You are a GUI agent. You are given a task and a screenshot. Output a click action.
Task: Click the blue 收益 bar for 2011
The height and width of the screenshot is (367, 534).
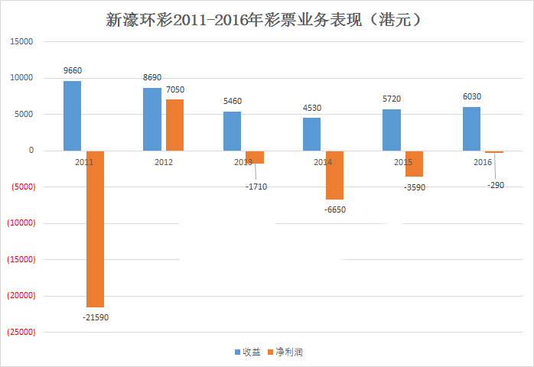[72, 115]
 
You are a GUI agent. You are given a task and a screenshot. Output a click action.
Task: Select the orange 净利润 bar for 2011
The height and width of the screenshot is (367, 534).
[96, 229]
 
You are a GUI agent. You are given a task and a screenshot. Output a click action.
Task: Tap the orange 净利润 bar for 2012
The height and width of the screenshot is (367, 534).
[174, 125]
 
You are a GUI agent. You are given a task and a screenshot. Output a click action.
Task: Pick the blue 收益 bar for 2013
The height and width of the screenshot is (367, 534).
[233, 131]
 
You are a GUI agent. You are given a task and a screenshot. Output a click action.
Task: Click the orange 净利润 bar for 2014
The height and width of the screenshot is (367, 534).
[334, 175]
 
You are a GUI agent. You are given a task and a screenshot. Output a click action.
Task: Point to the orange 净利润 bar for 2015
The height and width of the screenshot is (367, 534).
[414, 164]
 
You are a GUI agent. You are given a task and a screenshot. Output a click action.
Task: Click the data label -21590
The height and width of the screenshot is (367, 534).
[96, 317]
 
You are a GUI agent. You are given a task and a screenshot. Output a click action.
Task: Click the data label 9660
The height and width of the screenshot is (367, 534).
[73, 71]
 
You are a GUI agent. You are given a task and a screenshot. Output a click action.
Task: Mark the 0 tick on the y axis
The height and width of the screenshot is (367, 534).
[31, 151]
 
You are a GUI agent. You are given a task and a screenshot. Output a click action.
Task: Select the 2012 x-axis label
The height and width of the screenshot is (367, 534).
[164, 162]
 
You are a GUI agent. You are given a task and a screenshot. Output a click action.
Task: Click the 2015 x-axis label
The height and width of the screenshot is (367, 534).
[403, 162]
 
